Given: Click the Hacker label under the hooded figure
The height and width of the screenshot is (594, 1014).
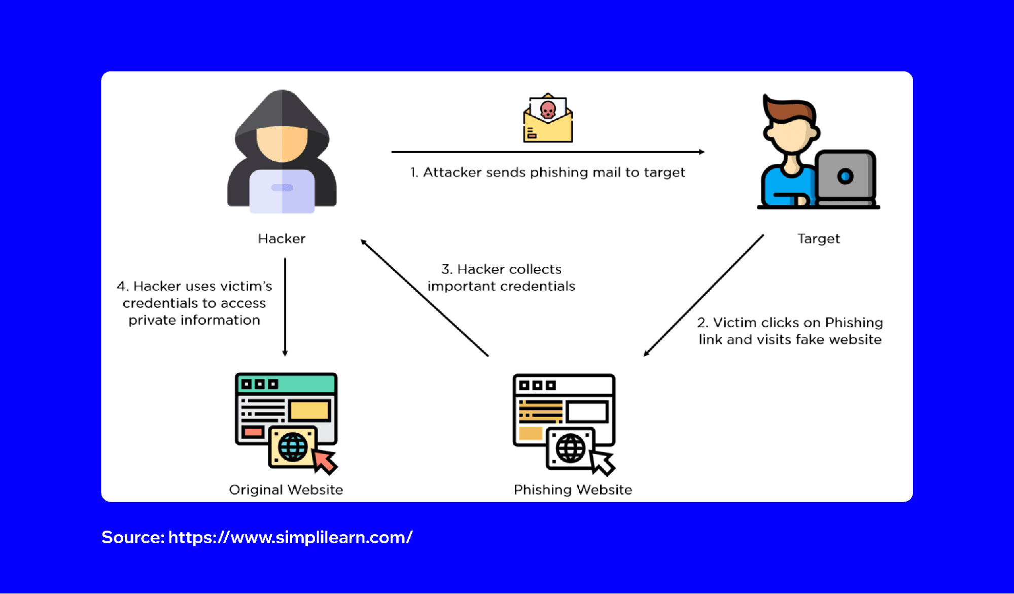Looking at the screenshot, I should pos(282,238).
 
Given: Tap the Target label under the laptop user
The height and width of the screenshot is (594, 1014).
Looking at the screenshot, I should pos(818,238).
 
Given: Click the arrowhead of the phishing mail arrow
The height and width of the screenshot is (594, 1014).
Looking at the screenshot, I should pos(702,152).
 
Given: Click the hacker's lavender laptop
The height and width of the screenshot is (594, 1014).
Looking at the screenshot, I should pos(282,191).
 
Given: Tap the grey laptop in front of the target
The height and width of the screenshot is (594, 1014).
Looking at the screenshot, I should pos(846,178).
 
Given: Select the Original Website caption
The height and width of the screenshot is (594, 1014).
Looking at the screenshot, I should pos(286,490).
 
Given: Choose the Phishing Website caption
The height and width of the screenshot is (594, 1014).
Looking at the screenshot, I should pos(573,490).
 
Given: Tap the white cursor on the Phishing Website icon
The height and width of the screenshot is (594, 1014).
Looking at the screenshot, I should pos(603,461).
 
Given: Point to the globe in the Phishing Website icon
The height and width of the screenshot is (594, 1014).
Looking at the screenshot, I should pos(570,448).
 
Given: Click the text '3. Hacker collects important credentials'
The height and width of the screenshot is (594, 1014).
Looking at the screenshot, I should pos(501,277).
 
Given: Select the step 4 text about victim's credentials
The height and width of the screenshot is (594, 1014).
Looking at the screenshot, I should pos(194,303).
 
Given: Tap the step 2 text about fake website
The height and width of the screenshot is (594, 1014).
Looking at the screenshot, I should pos(790,331).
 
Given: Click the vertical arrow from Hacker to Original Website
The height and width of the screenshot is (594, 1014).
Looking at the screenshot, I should pos(285,307).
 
